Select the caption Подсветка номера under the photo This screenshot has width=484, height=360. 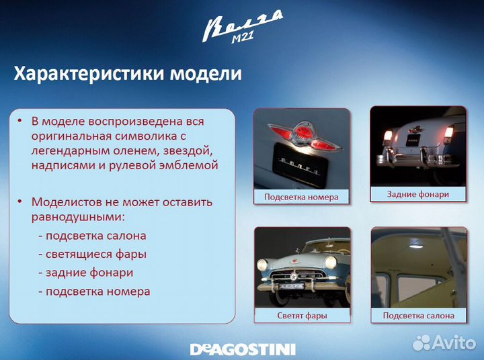point(301,197)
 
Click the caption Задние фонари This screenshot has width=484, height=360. point(418,194)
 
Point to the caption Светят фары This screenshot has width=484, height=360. point(302,316)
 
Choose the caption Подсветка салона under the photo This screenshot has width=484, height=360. point(418,316)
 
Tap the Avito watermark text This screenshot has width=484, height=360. point(454,343)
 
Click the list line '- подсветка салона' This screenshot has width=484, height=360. point(92,236)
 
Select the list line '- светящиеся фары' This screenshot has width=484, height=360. point(92,255)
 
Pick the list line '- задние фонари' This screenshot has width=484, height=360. point(85,273)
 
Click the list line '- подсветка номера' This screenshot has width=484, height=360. point(94,291)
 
